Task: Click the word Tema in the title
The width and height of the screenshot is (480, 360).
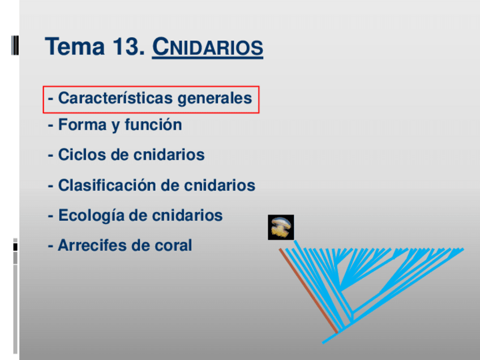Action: pyautogui.click(x=75, y=46)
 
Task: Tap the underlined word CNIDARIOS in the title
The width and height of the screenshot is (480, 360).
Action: pyautogui.click(x=208, y=47)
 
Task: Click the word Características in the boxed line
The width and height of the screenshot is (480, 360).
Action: pyautogui.click(x=115, y=98)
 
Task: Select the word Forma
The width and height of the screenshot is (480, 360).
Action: pyautogui.click(x=82, y=125)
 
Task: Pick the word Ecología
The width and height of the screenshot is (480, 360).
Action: pyautogui.click(x=91, y=216)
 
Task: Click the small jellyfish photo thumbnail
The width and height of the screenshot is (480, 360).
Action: pyautogui.click(x=281, y=227)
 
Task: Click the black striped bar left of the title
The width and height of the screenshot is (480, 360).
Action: pyautogui.click(x=15, y=45)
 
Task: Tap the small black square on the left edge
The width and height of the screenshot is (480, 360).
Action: pyautogui.click(x=15, y=247)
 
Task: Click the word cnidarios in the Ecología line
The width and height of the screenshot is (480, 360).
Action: pyautogui.click(x=187, y=215)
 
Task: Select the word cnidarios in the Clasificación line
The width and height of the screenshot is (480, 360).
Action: pyautogui.click(x=220, y=185)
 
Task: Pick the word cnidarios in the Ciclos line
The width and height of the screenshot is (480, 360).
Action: pyautogui.click(x=169, y=155)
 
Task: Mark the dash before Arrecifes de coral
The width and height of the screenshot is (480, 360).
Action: pyautogui.click(x=50, y=246)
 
